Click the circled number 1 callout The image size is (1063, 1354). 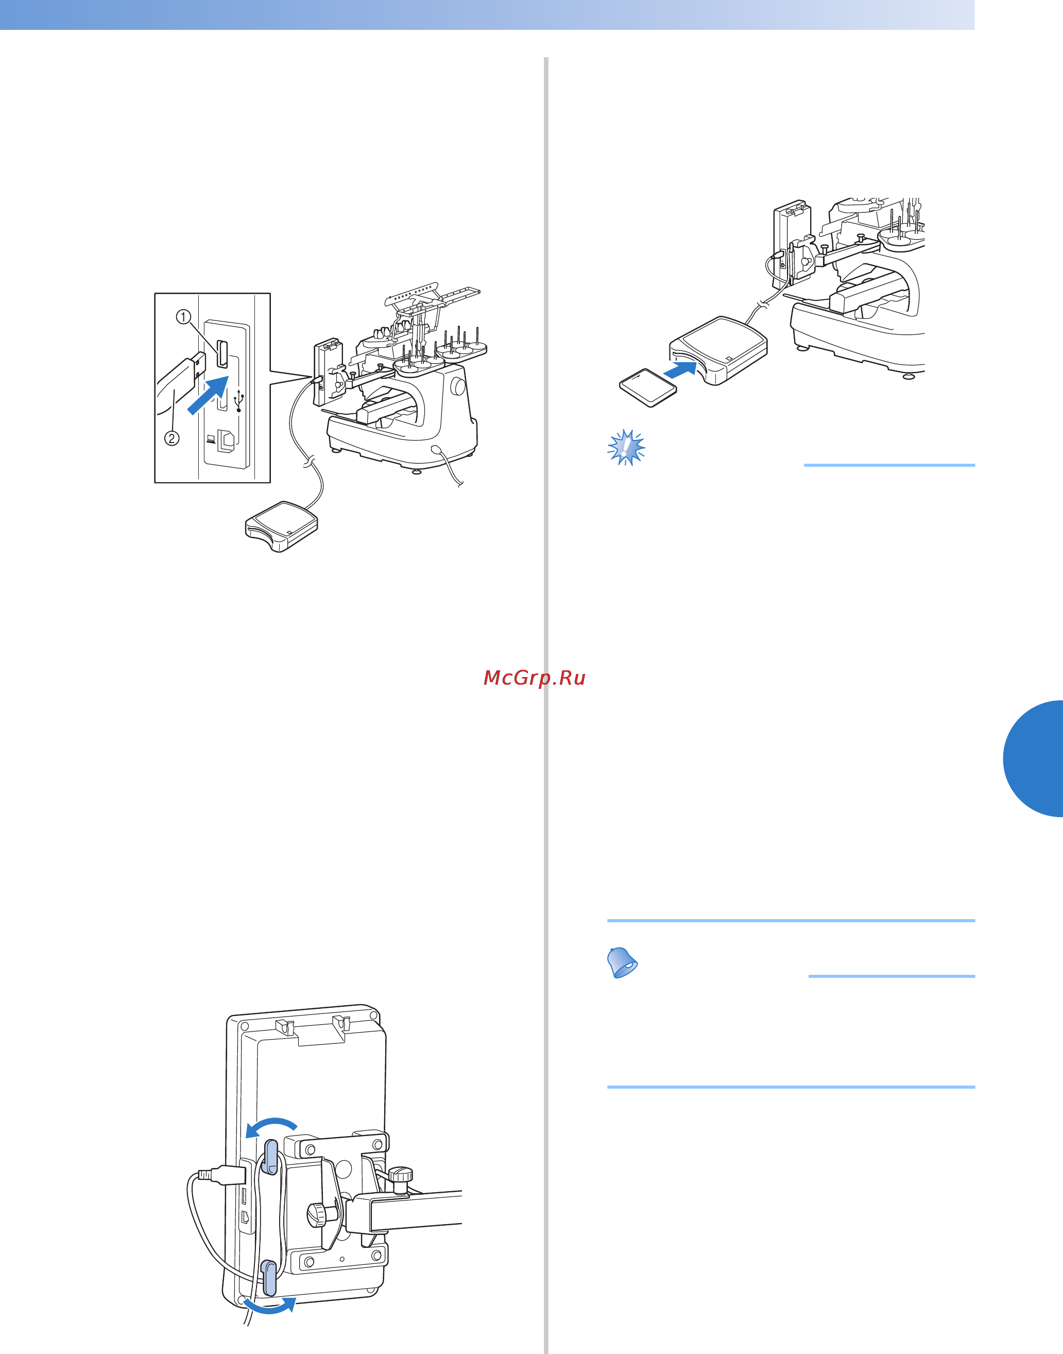183,317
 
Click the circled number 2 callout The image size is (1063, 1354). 172,438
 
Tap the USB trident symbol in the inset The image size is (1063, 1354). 239,401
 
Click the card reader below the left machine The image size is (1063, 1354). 282,526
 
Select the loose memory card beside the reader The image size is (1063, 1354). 648,388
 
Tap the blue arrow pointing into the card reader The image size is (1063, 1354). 680,370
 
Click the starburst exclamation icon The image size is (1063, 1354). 626,447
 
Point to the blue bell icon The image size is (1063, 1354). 622,962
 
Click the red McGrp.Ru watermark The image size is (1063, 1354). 535,678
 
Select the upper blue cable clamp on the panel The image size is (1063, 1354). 271,1157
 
